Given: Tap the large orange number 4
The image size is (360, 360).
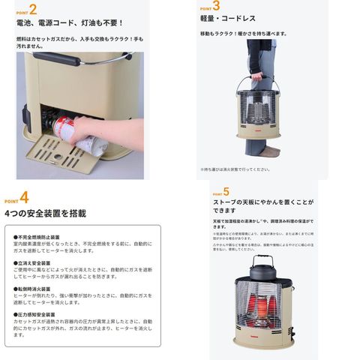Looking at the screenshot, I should (25, 198).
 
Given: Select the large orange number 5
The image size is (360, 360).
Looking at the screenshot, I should (226, 191).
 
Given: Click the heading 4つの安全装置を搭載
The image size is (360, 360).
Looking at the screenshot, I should (45, 214).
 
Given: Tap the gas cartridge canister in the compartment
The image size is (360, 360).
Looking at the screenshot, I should (59, 124).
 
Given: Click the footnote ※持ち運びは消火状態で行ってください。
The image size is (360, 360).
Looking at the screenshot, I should (239, 169).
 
